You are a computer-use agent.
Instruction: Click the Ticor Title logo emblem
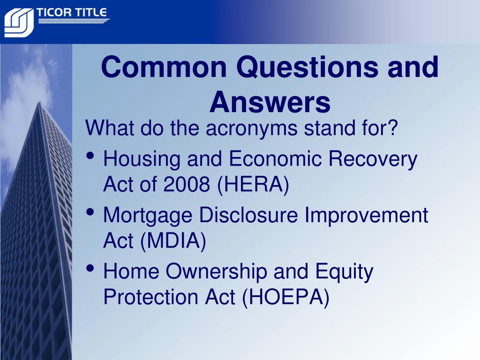[19, 22]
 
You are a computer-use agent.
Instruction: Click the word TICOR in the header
[54, 13]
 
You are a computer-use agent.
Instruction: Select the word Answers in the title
[270, 102]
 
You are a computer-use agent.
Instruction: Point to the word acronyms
[251, 128]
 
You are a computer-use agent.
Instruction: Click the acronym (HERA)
[253, 184]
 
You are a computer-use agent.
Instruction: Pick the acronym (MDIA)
[173, 240]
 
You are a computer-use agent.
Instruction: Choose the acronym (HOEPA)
[285, 297]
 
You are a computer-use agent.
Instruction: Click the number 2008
[187, 184]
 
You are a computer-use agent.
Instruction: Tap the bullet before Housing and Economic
[90, 156]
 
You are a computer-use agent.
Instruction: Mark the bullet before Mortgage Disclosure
[90, 212]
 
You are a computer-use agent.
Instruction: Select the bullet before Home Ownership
[90, 268]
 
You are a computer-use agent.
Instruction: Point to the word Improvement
[366, 215]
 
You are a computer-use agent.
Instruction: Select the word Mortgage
[148, 216]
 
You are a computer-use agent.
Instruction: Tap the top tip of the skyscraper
[39, 102]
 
